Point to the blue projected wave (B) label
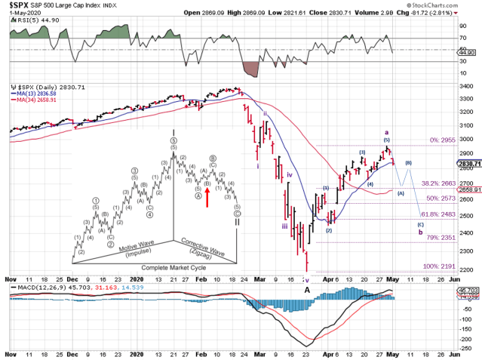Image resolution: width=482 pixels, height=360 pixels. (408, 163)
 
